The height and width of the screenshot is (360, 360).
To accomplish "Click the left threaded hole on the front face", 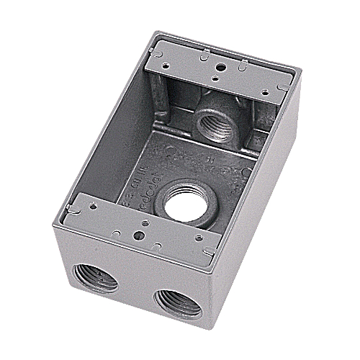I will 95,277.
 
